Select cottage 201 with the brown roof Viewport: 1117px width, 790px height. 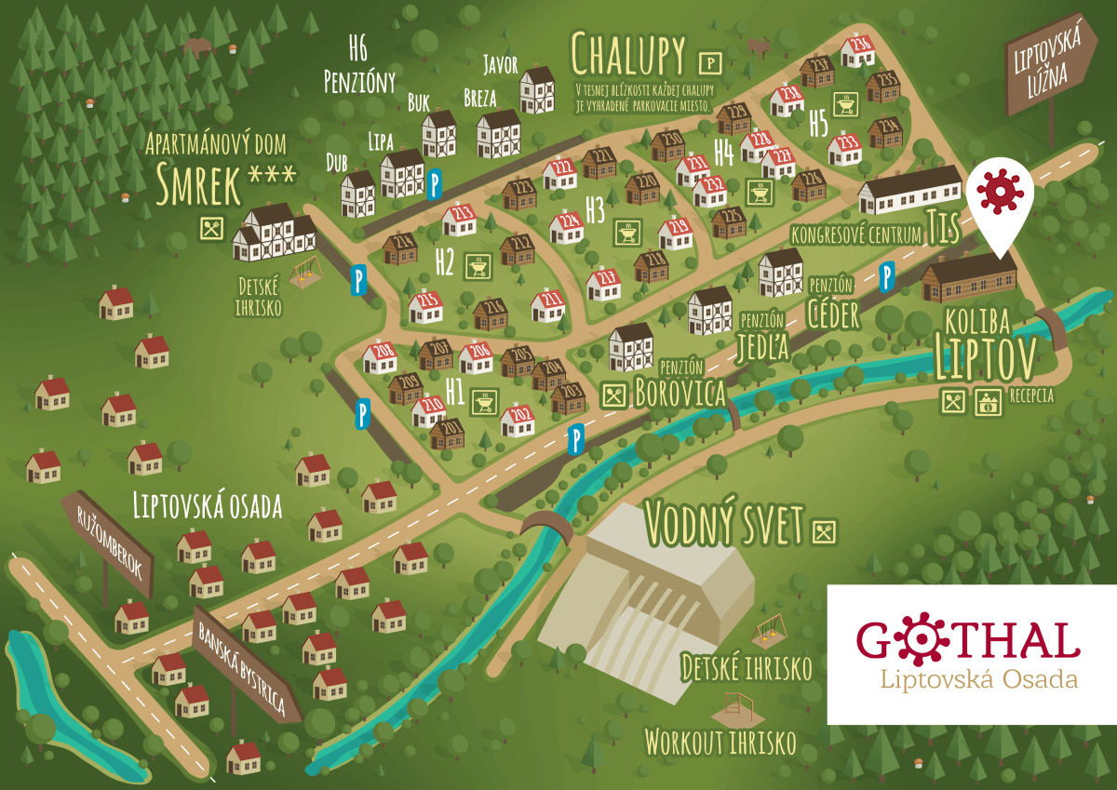[448, 433]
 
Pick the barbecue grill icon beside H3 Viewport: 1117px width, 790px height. [625, 232]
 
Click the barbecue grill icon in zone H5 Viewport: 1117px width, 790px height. [845, 105]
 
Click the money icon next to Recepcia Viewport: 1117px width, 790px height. [986, 402]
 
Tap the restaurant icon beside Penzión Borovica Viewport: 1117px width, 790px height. [612, 394]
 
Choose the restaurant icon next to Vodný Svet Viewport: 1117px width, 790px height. [825, 531]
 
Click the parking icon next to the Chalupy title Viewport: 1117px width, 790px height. [709, 62]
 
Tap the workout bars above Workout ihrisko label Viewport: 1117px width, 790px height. [735, 709]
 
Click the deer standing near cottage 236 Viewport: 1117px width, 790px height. [760, 46]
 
